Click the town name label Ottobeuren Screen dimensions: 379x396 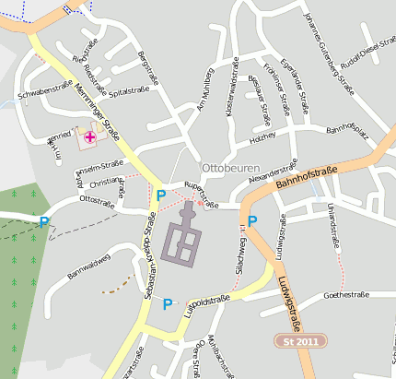[x=231, y=169]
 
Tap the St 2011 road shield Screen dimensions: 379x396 [x=302, y=341]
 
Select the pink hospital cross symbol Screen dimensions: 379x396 [x=90, y=137]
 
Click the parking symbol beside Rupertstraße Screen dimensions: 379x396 [x=161, y=195]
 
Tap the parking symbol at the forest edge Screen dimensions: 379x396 [x=44, y=221]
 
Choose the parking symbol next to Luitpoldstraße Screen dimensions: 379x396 [x=168, y=303]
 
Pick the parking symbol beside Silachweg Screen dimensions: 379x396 [x=252, y=220]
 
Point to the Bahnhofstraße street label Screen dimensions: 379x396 [x=306, y=177]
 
